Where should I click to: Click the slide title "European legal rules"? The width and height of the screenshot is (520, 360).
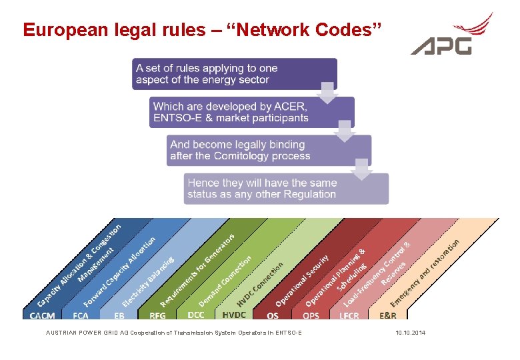click(202, 30)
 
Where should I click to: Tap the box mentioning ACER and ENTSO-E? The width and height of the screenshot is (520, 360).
click(252, 112)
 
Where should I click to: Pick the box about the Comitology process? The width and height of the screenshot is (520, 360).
click(269, 150)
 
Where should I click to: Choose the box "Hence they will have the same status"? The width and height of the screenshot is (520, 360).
click(285, 188)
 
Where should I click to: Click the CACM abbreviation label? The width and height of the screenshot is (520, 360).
click(42, 315)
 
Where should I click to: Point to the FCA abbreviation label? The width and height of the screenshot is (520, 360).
click(81, 315)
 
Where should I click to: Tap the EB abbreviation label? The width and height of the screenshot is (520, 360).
click(119, 315)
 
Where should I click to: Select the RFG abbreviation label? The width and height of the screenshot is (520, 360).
click(158, 315)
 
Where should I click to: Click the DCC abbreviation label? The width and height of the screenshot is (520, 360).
click(195, 314)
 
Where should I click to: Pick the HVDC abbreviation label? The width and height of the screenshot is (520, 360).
click(234, 315)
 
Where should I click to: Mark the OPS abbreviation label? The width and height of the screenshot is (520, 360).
click(311, 315)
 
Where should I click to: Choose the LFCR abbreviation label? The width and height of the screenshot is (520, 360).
click(349, 315)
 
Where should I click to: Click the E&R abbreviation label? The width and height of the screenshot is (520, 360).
click(387, 315)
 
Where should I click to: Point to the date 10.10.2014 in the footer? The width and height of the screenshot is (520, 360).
click(410, 332)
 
